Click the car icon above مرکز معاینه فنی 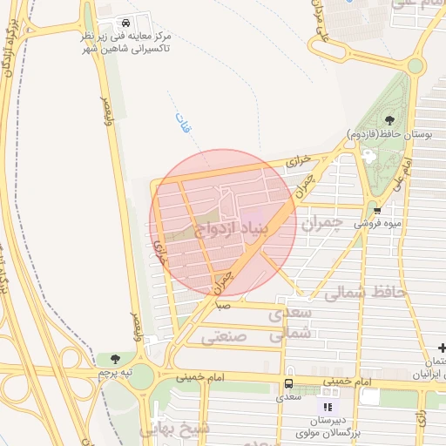click(x=127, y=22)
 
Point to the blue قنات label click(x=181, y=125)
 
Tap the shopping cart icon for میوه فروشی click(x=376, y=209)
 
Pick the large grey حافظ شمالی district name click(x=365, y=294)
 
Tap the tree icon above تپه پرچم click(x=115, y=358)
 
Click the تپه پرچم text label click(x=115, y=373)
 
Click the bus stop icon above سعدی click(x=288, y=383)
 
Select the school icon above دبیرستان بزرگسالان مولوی click(x=328, y=406)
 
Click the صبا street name click(x=223, y=306)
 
